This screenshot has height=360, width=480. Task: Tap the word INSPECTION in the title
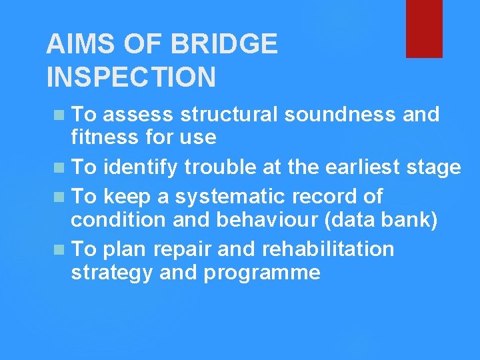[131, 77]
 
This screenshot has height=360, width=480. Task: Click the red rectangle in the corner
[424, 28]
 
